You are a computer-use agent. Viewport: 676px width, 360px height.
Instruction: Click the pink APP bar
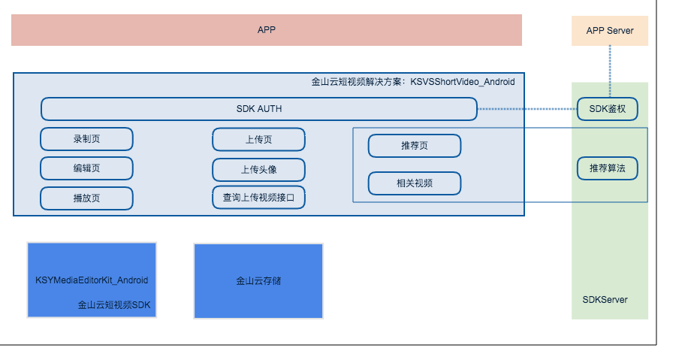(267, 30)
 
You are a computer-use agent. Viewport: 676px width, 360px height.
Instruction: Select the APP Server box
(610, 31)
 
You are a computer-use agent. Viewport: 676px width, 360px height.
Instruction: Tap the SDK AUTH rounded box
(259, 109)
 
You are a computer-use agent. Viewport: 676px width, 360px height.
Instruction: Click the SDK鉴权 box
(607, 109)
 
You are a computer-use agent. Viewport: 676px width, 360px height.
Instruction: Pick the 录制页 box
(86, 139)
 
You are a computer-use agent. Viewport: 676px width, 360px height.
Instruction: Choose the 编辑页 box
(86, 168)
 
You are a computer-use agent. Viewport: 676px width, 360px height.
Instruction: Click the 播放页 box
(86, 198)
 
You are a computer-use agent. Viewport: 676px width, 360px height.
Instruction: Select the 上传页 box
(258, 140)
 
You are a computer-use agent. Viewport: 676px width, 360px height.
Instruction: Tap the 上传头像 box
(258, 170)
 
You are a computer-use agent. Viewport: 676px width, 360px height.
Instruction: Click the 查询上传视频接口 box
(258, 198)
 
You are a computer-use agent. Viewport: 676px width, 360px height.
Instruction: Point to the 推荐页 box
(415, 146)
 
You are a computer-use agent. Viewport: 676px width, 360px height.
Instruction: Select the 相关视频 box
(415, 183)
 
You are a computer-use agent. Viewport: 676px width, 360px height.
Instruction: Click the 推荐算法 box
(607, 168)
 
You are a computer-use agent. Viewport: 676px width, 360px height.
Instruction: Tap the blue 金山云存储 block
(258, 281)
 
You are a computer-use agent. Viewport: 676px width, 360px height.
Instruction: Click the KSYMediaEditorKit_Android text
(92, 280)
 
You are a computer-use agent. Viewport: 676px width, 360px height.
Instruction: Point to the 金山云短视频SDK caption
(114, 305)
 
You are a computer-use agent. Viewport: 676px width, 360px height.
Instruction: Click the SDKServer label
(605, 300)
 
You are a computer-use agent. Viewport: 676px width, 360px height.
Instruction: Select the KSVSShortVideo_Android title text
(462, 82)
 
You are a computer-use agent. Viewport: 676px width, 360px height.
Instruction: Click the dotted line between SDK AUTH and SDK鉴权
(527, 109)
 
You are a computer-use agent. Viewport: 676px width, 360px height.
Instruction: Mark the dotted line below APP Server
(610, 71)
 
